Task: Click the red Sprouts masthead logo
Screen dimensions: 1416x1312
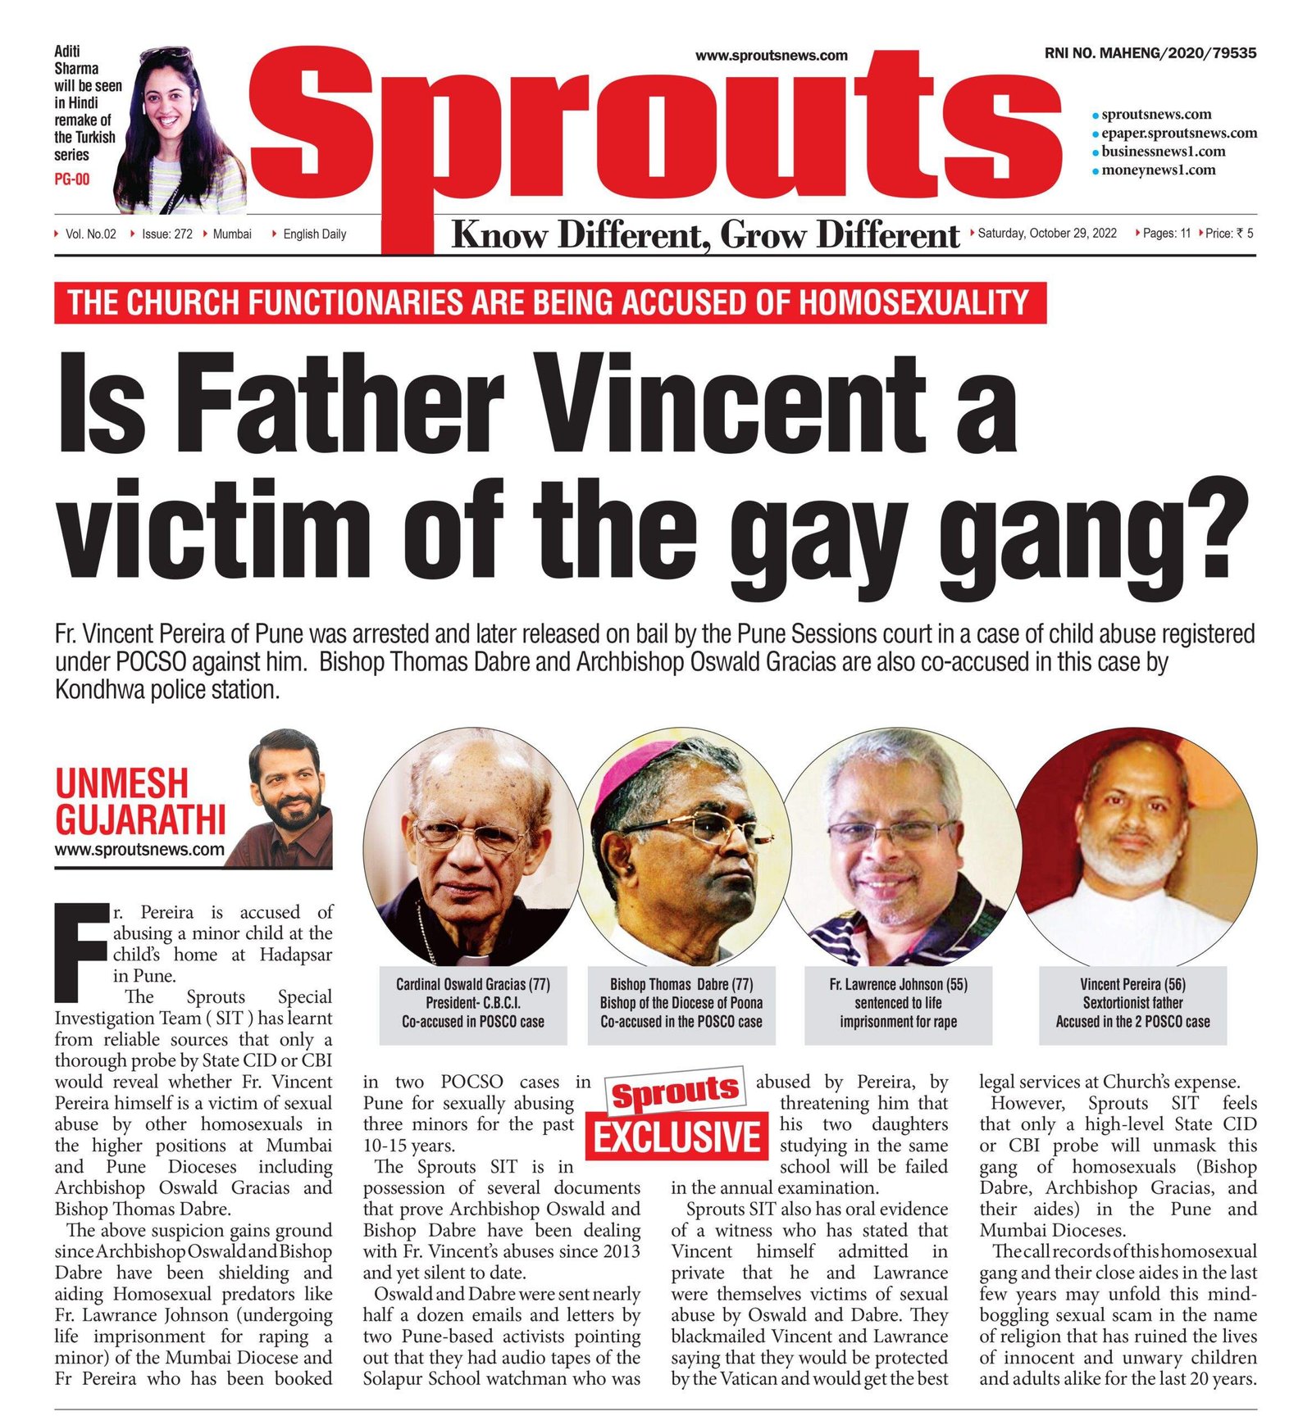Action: [656, 131]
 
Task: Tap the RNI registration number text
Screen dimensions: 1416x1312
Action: [1150, 53]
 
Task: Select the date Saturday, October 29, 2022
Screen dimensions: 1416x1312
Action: [1047, 234]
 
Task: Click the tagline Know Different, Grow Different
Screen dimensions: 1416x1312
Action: [705, 235]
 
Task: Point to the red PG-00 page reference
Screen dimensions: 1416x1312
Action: [72, 179]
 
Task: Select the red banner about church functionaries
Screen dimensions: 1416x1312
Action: [549, 303]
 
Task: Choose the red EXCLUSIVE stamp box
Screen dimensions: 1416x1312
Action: [677, 1137]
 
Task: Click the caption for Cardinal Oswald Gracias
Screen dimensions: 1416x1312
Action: [473, 1003]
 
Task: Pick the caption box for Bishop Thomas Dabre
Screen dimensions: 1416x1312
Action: [681, 1003]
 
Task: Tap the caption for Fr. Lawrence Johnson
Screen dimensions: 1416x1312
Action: [898, 1003]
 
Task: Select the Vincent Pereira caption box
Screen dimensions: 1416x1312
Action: [1132, 1003]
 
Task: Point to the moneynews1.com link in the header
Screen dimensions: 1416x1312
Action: [1158, 170]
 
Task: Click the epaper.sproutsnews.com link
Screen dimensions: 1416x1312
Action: [1178, 133]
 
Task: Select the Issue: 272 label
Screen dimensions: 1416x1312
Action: [166, 234]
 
